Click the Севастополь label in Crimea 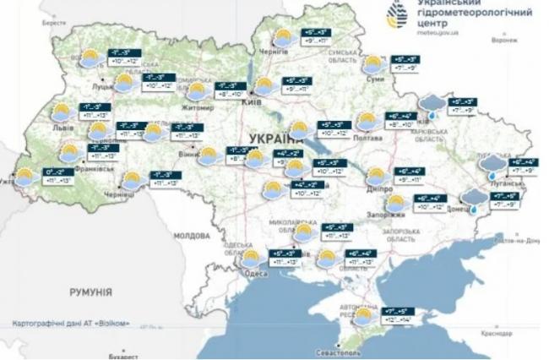[x=337, y=349]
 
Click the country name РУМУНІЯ [x=90, y=292]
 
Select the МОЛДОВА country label [x=191, y=236]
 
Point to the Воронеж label [x=505, y=40]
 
